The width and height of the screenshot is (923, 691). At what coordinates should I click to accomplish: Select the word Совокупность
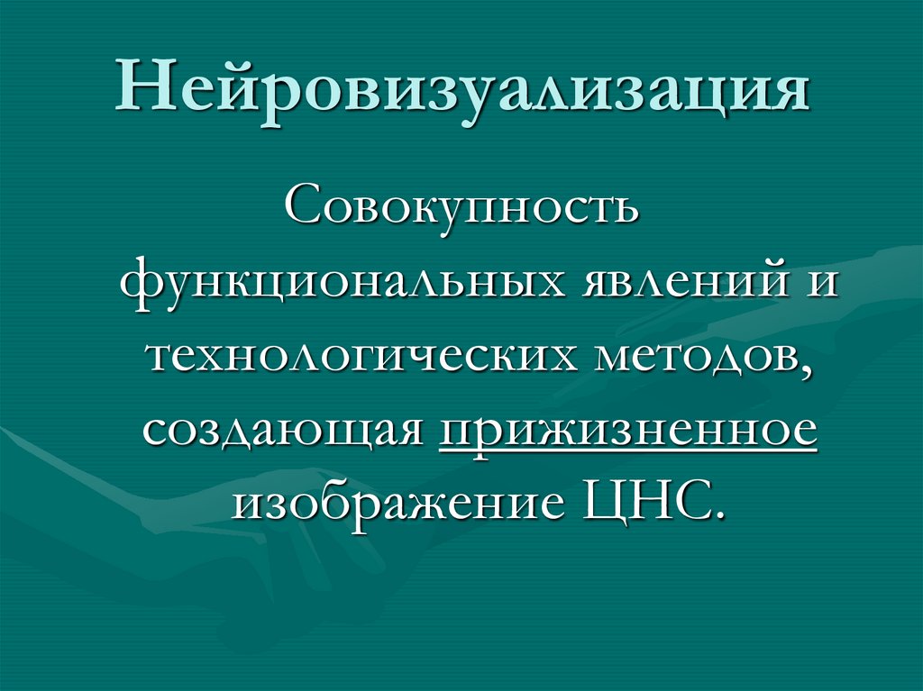462,209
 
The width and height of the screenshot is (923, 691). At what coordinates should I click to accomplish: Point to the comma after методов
803,368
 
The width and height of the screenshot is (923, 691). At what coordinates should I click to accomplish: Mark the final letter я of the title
790,92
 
